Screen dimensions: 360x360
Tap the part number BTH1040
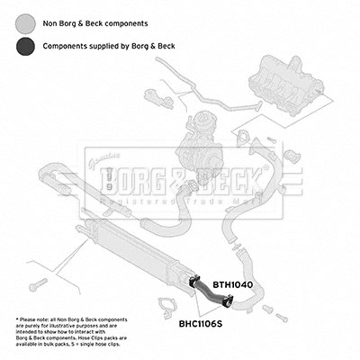233,284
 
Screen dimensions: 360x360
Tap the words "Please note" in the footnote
38,320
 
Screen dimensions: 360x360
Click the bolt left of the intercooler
35,284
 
